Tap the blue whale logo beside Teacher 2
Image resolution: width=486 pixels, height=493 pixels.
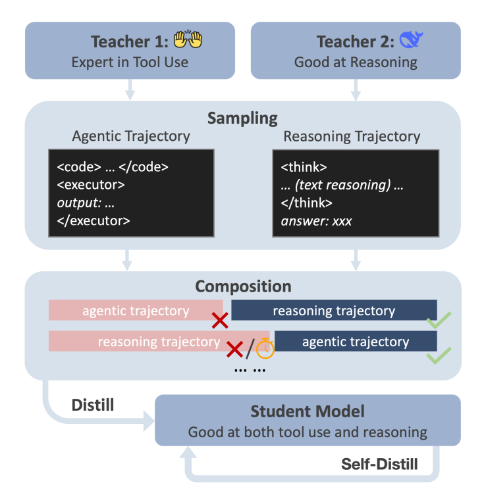pos(411,40)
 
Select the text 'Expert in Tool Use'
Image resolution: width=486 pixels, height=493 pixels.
pos(130,63)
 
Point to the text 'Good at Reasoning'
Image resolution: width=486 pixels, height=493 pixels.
pos(356,63)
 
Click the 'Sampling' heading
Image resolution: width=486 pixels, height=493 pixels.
pos(242,118)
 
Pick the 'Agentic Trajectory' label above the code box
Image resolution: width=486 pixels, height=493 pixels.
pos(130,137)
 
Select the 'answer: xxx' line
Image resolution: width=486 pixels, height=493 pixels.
pos(316,221)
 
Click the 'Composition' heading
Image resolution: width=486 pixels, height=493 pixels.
pos(243,287)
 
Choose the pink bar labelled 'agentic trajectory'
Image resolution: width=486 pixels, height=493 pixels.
pos(135,311)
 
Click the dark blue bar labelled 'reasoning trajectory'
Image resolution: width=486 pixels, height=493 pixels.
pos(334,311)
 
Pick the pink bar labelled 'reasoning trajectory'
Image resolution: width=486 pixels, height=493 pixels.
pos(159,342)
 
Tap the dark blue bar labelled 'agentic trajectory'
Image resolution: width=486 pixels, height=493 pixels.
pos(356,342)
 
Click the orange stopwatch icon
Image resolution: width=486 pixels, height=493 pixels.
pos(265,348)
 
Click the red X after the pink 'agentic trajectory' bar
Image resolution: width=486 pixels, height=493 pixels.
pos(220,321)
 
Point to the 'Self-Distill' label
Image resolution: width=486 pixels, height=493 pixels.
pos(379,464)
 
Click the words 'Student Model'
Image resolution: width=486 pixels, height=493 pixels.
pos(307,412)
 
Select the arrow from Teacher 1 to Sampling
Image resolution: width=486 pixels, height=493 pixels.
pos(130,90)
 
